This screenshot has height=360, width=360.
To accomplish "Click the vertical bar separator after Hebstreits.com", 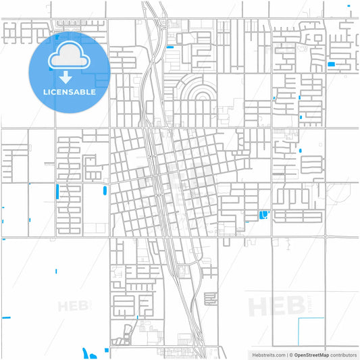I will [x=284, y=354].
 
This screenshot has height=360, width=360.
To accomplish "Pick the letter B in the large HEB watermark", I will [x=294, y=306].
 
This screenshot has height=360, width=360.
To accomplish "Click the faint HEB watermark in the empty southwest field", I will [x=74, y=306].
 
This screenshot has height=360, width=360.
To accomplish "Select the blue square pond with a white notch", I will [x=263, y=215].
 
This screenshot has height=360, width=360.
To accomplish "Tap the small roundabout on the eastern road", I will [x=326, y=236].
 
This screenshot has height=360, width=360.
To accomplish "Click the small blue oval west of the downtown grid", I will [x=103, y=190].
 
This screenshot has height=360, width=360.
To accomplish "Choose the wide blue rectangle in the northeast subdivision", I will [x=331, y=64].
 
